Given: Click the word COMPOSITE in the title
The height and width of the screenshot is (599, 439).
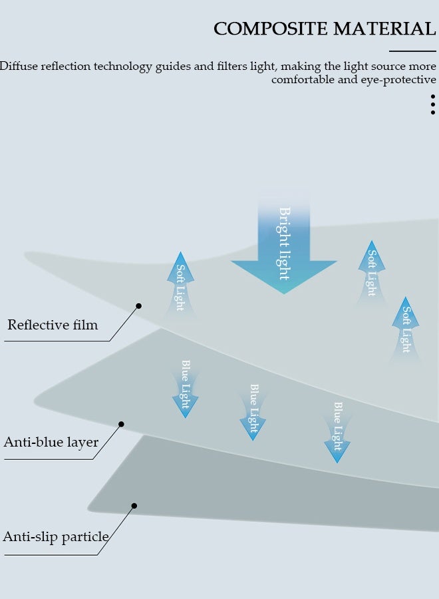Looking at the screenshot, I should tap(271, 29).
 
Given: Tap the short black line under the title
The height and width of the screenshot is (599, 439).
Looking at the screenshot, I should tap(412, 51).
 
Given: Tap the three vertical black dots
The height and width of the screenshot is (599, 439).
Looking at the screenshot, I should tap(433, 104).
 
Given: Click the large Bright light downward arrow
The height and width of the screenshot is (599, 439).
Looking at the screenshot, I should tap(284, 253).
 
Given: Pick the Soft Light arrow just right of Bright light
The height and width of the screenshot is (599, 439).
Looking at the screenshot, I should tap(372, 272).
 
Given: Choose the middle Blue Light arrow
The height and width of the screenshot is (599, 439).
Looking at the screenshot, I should tap(253, 411).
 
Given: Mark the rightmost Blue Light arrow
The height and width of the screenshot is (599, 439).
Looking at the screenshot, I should tap(337, 431).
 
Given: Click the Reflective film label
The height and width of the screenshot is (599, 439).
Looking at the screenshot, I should tap(53, 325).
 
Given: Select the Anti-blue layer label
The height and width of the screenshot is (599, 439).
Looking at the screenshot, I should tap(51, 442).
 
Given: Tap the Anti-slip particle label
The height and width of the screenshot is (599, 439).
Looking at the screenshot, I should tap(56, 537).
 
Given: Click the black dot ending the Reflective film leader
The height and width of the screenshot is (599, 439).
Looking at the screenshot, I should tap(139, 306).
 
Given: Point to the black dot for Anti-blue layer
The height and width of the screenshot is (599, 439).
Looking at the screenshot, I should tap(121, 424).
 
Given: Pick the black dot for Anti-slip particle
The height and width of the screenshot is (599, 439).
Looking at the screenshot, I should tap(134, 506).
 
